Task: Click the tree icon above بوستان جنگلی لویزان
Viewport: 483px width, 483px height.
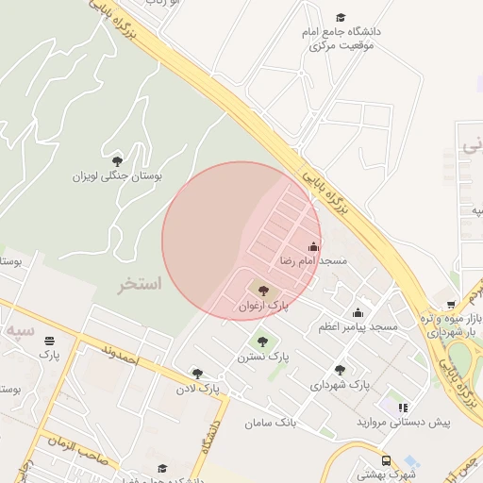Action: tap(117, 160)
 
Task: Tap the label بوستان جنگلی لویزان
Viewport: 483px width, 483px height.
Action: tap(118, 175)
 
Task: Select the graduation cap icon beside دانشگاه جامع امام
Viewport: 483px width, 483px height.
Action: tap(341, 17)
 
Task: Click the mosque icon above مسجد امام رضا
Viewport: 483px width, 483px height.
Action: tap(314, 247)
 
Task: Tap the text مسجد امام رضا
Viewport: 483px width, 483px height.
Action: tap(312, 259)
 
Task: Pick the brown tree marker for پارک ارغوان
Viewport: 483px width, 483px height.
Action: tap(262, 291)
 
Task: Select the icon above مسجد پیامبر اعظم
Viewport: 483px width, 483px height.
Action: tap(358, 313)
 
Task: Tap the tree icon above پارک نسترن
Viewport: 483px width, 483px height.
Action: tap(261, 341)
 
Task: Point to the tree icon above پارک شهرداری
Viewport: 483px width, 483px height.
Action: tap(340, 370)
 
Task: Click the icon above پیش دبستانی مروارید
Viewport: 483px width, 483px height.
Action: tap(403, 408)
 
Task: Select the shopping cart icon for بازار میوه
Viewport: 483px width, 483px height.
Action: tap(451, 305)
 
